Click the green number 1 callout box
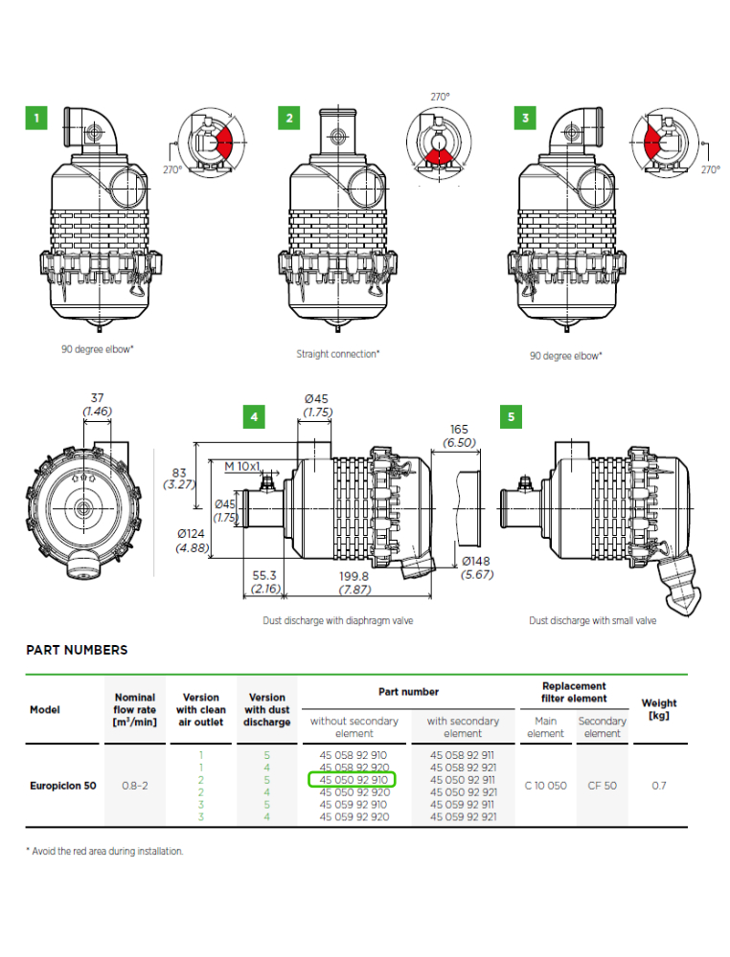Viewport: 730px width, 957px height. [36, 118]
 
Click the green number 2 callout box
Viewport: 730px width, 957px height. [289, 118]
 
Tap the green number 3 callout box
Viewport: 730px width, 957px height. [525, 118]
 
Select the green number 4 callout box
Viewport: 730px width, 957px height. [254, 417]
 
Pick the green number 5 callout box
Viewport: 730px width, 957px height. [511, 417]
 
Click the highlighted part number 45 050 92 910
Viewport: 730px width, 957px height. [354, 779]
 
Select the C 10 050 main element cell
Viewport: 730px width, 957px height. [545, 786]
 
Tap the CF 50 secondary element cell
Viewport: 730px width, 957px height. [603, 786]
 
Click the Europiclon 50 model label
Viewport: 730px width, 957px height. [63, 786]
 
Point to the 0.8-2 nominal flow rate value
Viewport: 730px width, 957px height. [134, 786]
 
